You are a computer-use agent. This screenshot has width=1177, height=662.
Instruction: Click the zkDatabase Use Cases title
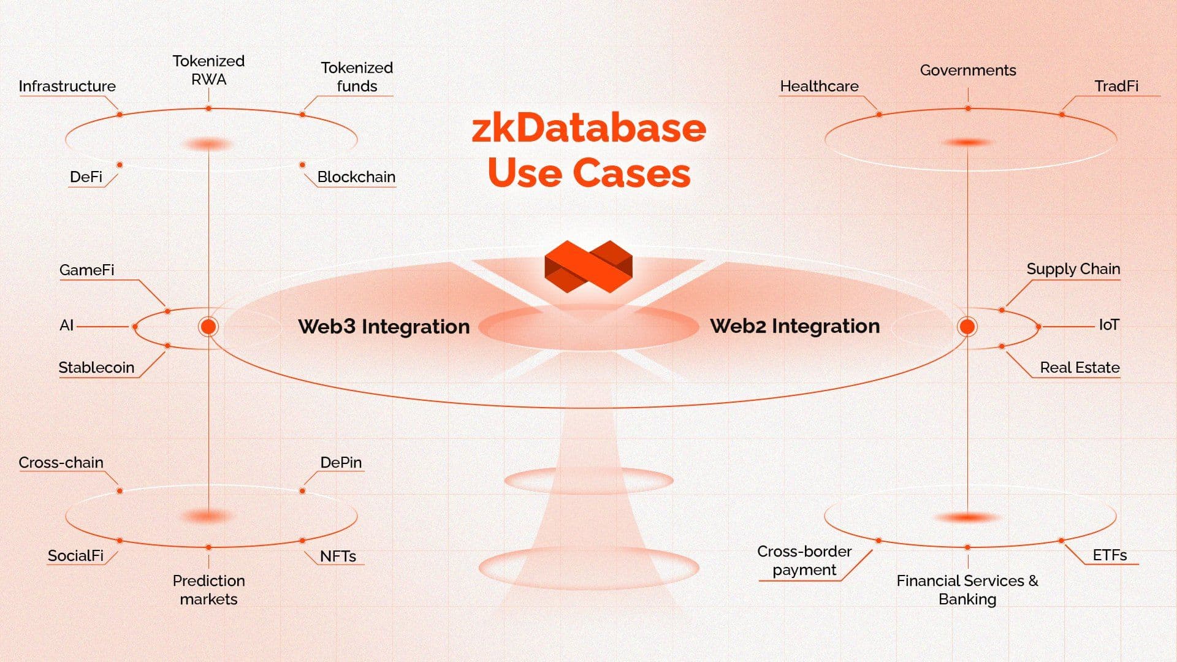[x=588, y=150]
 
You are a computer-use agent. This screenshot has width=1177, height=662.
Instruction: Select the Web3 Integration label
[x=384, y=326]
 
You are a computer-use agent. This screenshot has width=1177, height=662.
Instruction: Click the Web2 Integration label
[x=794, y=325]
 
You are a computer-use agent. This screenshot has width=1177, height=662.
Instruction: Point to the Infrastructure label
[x=67, y=86]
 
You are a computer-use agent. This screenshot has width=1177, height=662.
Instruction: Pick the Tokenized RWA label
[x=208, y=70]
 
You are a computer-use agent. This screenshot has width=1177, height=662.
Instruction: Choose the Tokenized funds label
[x=357, y=77]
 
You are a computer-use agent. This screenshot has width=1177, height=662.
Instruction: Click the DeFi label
[x=86, y=177]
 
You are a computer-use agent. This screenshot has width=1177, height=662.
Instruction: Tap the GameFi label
[x=86, y=270]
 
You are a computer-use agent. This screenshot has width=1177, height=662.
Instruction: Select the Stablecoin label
[x=96, y=368]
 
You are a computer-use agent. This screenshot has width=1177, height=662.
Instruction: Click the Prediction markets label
[x=208, y=590]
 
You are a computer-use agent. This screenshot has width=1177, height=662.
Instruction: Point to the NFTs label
[x=338, y=556]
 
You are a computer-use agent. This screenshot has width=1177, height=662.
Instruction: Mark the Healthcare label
[x=819, y=86]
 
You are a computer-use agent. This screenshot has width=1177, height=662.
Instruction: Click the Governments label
[x=968, y=70]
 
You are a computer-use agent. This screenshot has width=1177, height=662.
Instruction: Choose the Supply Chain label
[x=1073, y=269]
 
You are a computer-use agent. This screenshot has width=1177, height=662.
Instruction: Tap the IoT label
[x=1108, y=325]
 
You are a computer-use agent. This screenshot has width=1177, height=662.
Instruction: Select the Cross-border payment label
[x=804, y=560]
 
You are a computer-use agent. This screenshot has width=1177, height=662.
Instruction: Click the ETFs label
[x=1110, y=555]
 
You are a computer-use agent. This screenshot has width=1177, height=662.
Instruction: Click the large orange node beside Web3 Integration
[x=208, y=327]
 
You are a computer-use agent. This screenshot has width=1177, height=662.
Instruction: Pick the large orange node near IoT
[x=967, y=327]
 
